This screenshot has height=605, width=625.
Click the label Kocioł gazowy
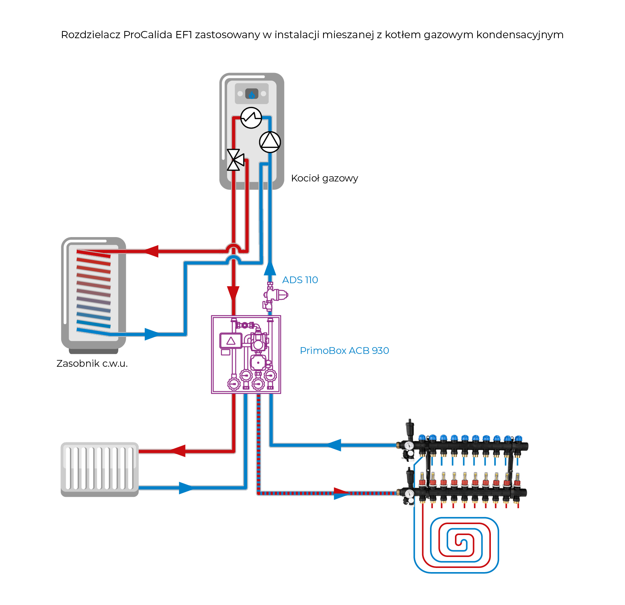tap(324, 178)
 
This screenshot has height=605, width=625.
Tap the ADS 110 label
tap(300, 280)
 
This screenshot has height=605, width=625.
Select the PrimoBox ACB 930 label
tap(344, 351)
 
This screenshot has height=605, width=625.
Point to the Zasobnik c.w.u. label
tap(92, 363)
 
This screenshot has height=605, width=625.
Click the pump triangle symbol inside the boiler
tap(270, 142)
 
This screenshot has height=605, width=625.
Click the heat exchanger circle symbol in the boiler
tap(251, 118)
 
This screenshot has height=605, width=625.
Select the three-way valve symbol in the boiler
tap(235, 160)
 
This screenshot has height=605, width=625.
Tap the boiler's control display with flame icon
tap(252, 93)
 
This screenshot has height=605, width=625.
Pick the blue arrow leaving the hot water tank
tap(152, 334)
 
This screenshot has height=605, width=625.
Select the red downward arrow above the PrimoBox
tap(233, 293)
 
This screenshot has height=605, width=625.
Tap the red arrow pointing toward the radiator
tap(178, 451)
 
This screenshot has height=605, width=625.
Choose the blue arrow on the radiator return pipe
tap(186, 488)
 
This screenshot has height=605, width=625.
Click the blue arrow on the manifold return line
tap(333, 445)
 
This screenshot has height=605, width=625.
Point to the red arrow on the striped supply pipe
tap(342, 493)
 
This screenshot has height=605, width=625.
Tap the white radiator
tap(99, 468)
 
